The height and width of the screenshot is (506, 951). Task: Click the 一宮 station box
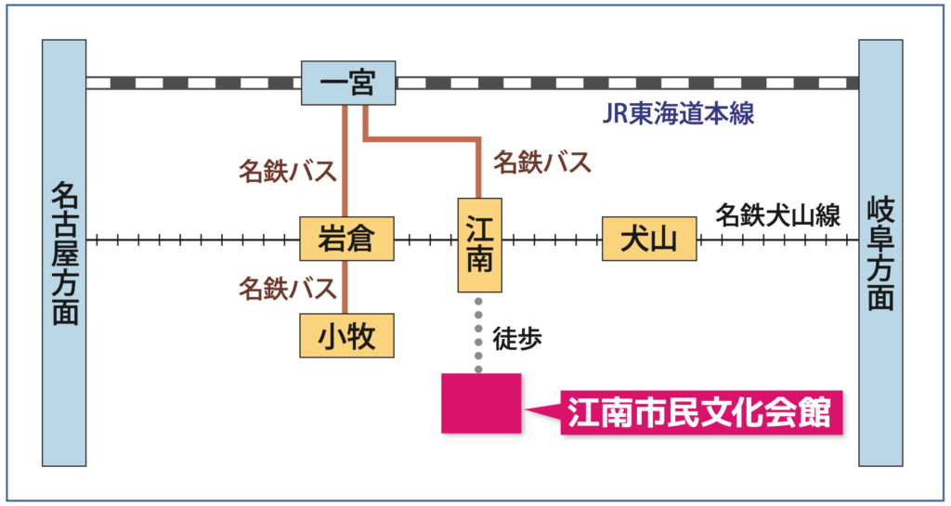point(348,84)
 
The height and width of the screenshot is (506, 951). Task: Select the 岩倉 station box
point(345,240)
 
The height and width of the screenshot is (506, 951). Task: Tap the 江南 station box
point(480,243)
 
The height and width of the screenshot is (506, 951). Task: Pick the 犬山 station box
point(648,240)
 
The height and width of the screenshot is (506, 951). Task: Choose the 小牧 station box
point(345,335)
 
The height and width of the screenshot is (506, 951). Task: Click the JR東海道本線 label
point(678,115)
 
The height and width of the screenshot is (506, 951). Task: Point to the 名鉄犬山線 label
point(777,216)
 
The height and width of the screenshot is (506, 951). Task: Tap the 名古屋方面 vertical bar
point(64,253)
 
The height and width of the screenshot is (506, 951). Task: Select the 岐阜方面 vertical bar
point(879,253)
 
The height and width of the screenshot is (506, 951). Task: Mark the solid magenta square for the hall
point(481,403)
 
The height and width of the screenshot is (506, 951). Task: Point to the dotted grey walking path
point(479,334)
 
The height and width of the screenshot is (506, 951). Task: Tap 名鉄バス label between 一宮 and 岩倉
point(286,172)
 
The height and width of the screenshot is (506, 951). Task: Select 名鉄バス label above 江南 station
point(541,162)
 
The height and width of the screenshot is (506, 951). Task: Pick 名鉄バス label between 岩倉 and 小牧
point(286,289)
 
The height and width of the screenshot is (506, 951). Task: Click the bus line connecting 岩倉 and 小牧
point(345,287)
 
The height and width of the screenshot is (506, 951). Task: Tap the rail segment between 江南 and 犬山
point(553,240)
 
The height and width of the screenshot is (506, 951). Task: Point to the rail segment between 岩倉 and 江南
point(425,240)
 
